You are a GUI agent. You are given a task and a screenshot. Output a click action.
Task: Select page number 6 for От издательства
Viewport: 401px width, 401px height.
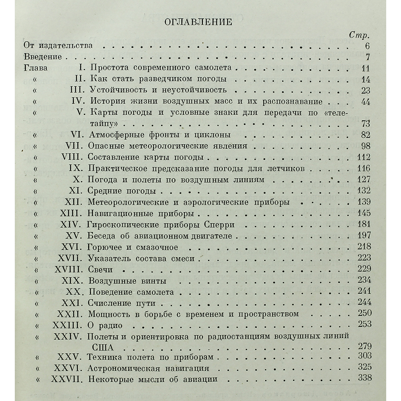(x=367, y=46)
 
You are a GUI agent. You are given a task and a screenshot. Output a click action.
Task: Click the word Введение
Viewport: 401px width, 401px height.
(x=43, y=57)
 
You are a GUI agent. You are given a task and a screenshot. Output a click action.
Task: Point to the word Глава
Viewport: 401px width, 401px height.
(x=36, y=68)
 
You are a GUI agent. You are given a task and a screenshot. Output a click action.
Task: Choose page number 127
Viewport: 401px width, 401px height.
(x=364, y=179)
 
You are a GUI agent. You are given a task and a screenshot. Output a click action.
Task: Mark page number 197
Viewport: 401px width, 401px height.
(x=364, y=236)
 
